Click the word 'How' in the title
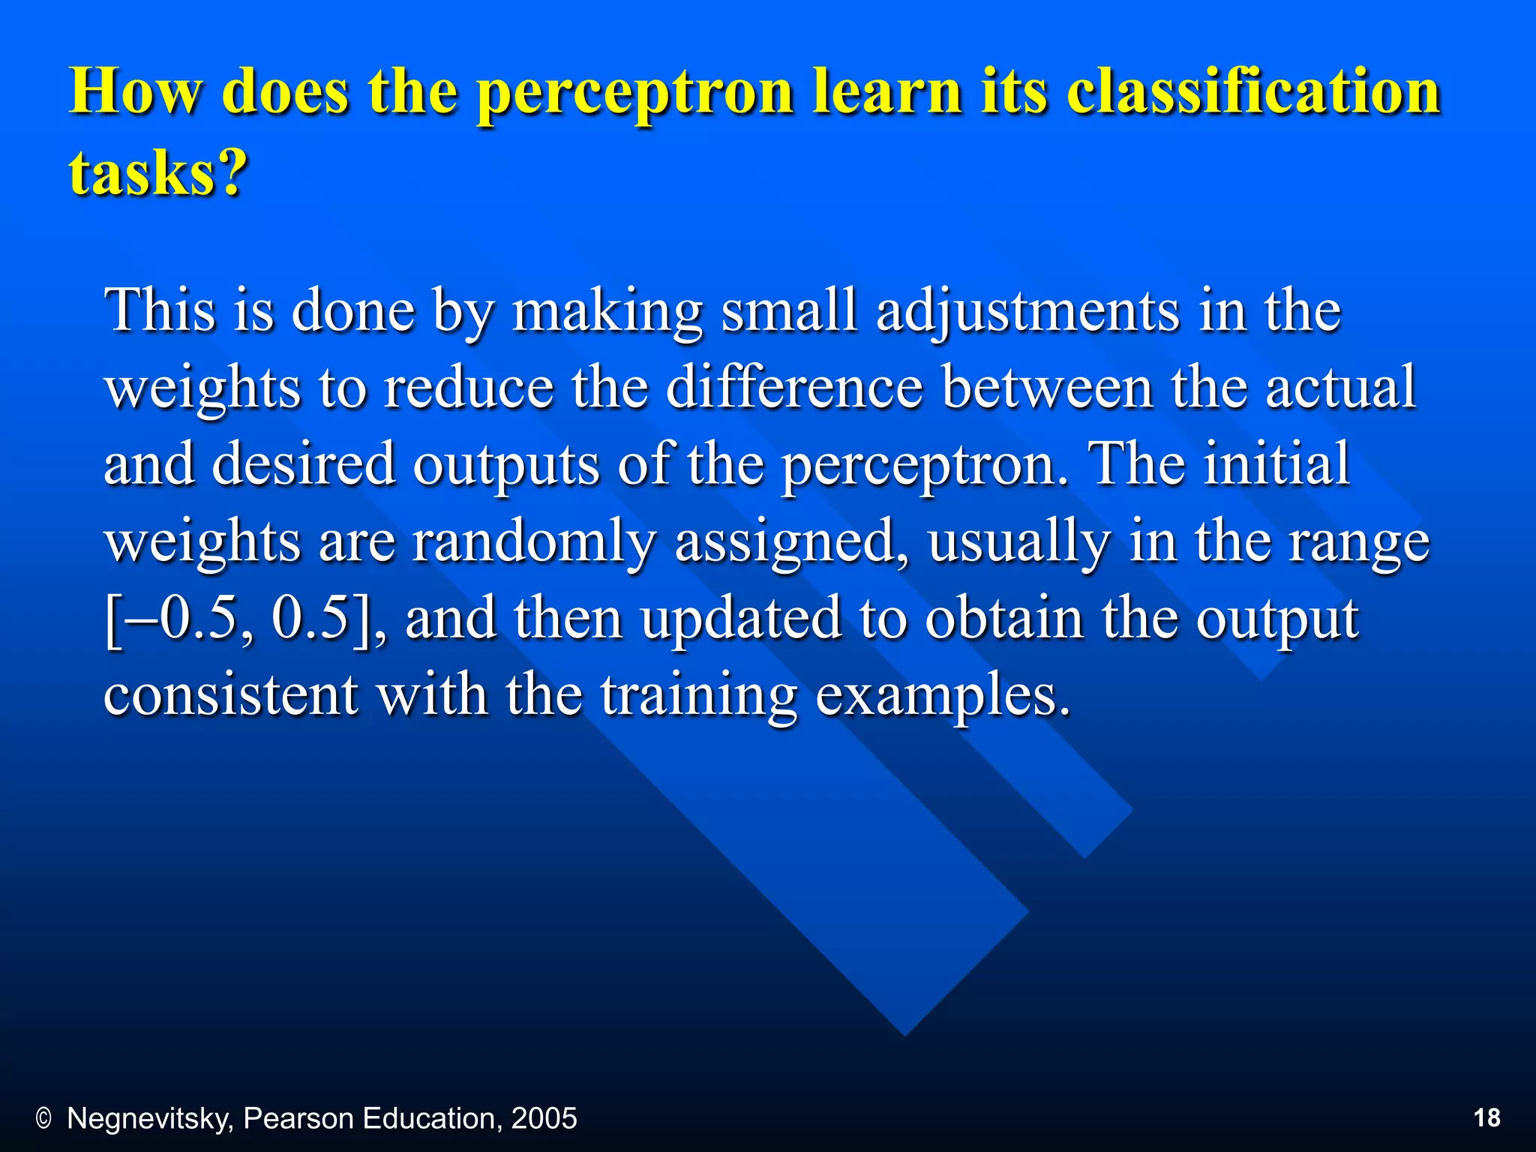(135, 91)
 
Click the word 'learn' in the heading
(887, 91)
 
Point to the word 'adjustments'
(1027, 311)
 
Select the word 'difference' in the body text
(794, 388)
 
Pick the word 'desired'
(303, 464)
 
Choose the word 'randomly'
(534, 541)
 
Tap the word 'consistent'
(230, 695)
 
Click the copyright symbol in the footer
(43, 1119)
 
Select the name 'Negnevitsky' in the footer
(151, 1119)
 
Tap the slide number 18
(1486, 1118)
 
